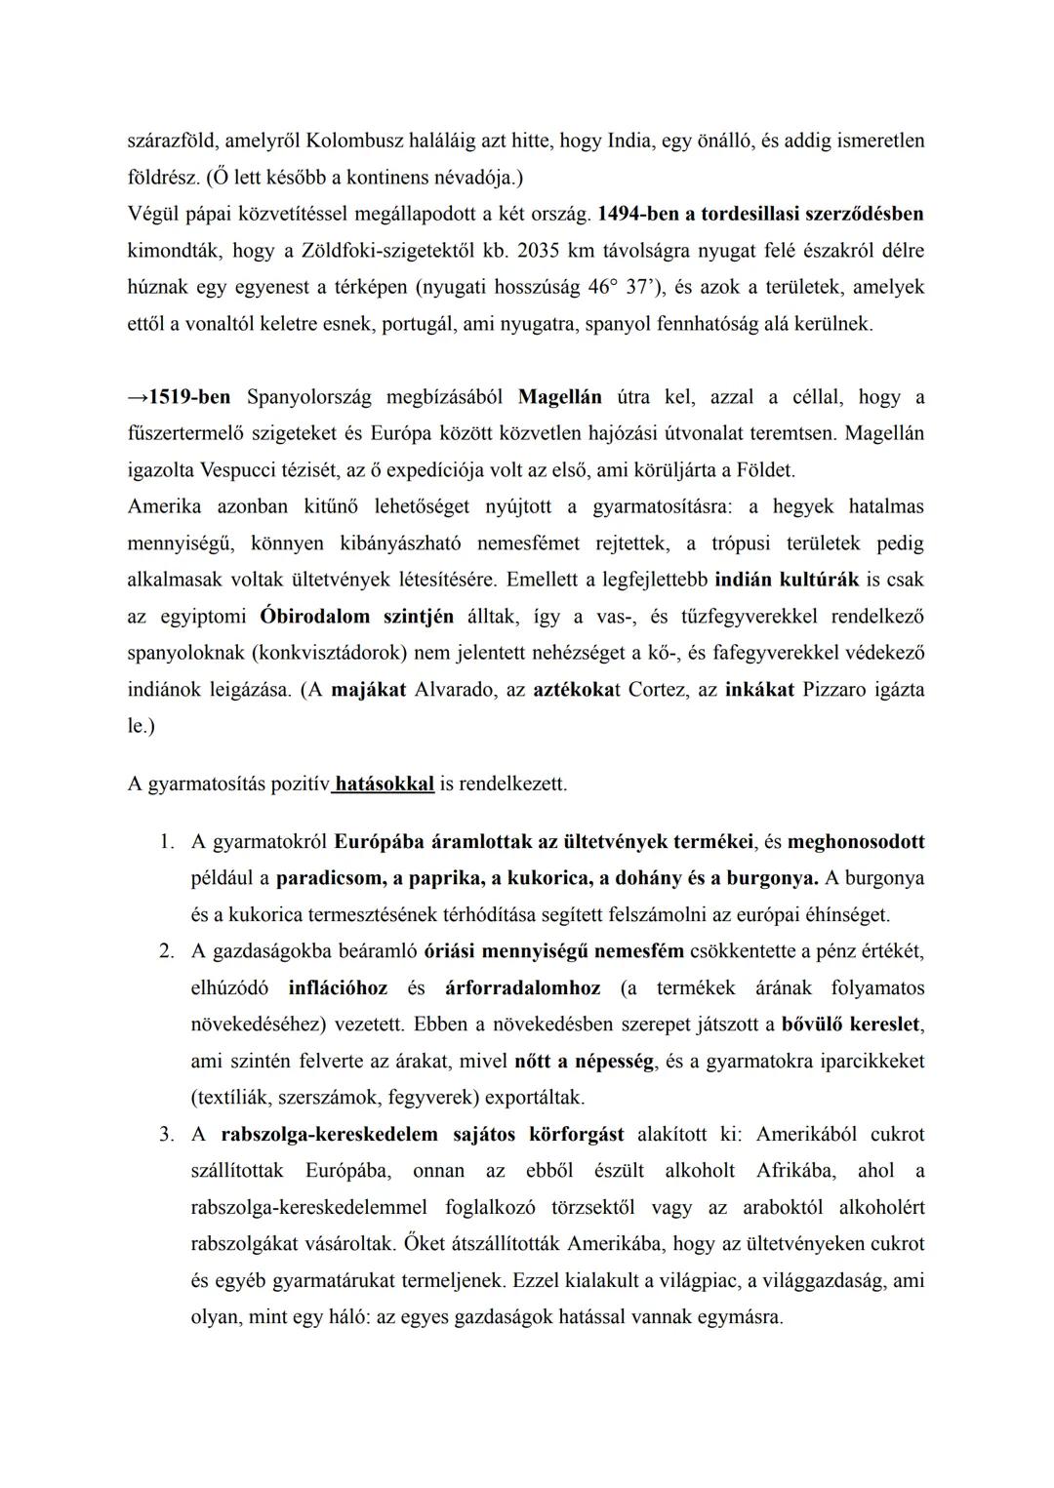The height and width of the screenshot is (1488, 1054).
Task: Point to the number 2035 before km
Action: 539,251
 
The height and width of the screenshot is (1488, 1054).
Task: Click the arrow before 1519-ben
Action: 138,397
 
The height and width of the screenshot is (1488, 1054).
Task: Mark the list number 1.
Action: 167,842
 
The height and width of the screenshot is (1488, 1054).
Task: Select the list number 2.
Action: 167,951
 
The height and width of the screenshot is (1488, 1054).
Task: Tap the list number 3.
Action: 167,1135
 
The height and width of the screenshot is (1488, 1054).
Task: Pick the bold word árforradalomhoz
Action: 522,988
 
